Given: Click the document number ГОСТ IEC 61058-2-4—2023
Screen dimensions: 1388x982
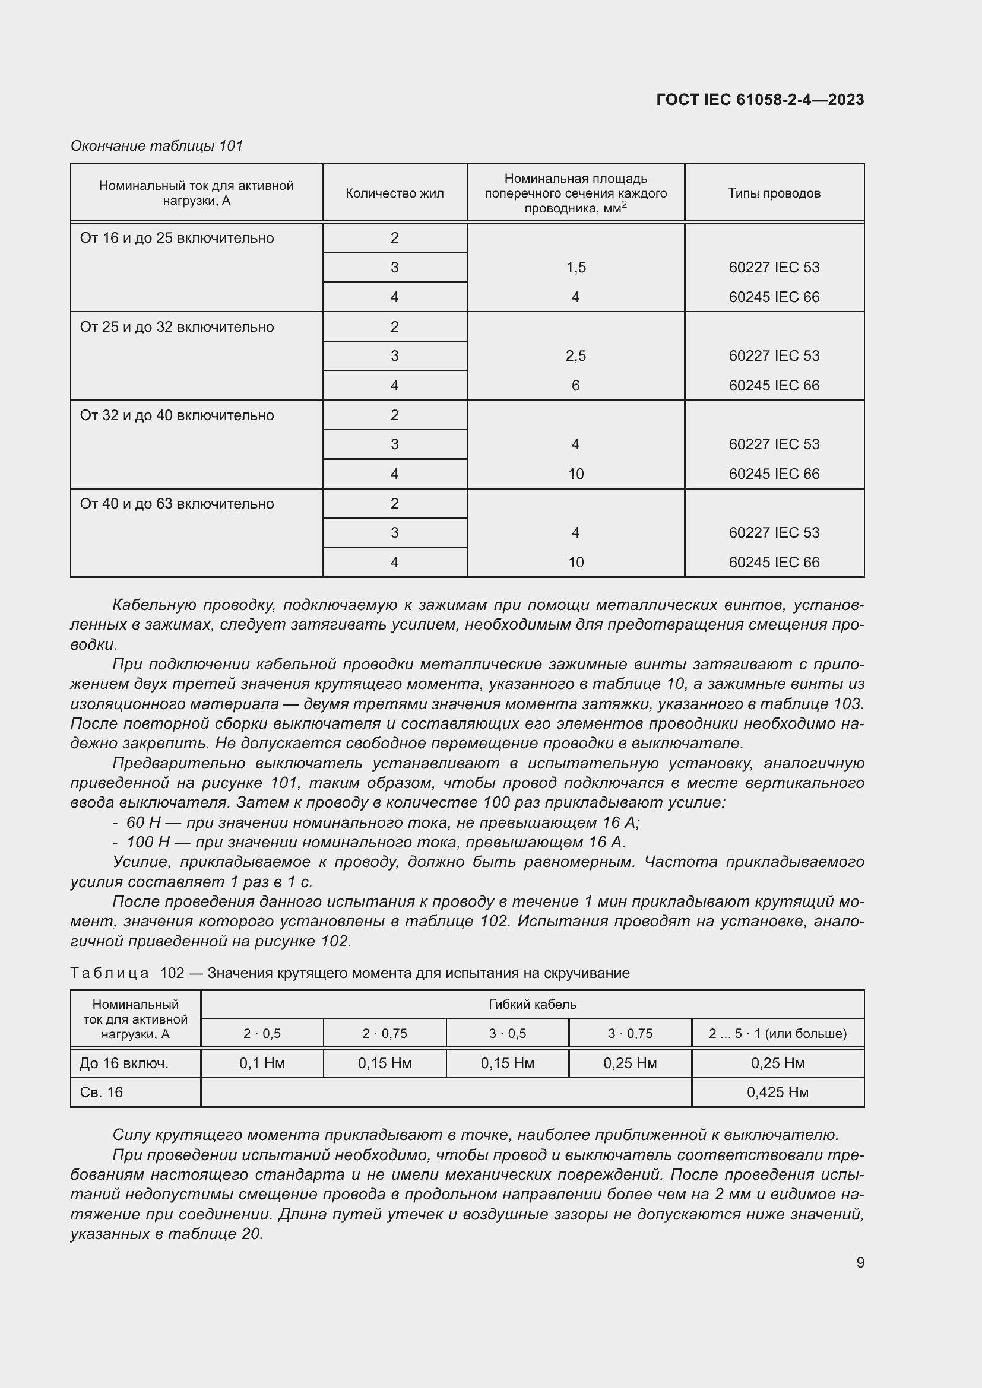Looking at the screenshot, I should tap(759, 100).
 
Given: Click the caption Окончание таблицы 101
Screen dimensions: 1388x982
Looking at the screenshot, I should tap(157, 146).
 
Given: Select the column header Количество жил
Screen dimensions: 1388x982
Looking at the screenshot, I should tap(394, 193).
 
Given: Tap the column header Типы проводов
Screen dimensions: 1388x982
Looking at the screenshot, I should tap(774, 193).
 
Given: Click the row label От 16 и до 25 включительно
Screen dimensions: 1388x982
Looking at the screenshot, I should tap(176, 238).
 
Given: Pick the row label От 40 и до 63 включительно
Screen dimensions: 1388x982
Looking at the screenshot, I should tap(176, 504).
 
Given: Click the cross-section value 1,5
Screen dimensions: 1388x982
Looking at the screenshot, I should tap(576, 267).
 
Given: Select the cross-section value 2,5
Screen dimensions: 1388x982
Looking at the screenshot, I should tap(576, 355).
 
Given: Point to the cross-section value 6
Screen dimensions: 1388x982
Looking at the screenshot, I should tap(576, 385).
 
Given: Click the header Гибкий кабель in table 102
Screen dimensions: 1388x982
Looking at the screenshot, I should tap(531, 1004).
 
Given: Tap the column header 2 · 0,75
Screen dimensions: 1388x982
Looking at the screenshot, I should tap(385, 1033).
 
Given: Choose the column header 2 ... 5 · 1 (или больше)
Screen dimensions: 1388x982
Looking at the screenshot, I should tap(777, 1033).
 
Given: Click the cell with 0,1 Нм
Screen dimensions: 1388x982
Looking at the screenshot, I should tap(262, 1063).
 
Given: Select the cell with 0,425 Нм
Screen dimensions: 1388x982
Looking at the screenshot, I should tap(777, 1092).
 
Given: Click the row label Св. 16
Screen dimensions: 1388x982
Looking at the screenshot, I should tap(102, 1092).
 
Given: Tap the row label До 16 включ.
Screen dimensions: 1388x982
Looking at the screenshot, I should tap(124, 1063).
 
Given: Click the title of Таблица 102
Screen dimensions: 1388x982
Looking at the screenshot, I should tap(350, 973).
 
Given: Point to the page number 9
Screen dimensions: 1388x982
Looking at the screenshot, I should tap(860, 1262).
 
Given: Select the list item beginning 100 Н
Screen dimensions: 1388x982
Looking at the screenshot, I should tap(375, 842).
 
